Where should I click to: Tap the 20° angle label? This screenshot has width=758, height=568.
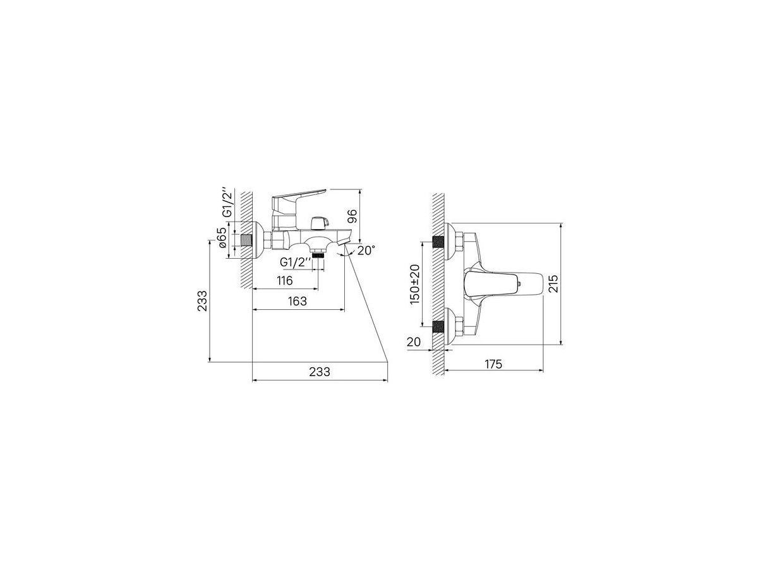(x=366, y=251)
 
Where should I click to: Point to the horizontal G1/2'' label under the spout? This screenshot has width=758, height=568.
(x=293, y=263)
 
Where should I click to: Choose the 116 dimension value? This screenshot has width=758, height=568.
(x=284, y=280)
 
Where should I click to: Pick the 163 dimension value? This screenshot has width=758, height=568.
(x=297, y=301)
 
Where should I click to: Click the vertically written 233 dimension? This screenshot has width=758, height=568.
(x=202, y=301)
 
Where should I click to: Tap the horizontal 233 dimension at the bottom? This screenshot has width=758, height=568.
(x=320, y=372)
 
